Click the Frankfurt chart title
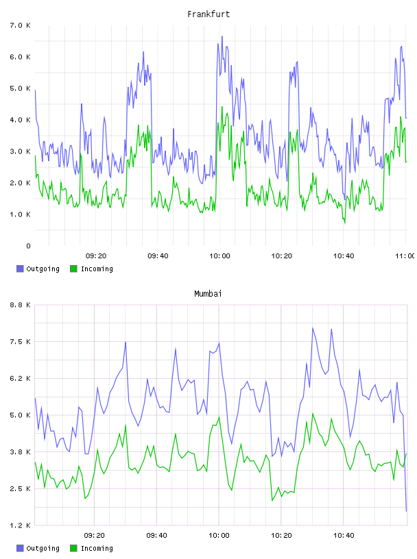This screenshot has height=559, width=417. point(208,14)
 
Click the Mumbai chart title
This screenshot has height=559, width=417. point(208,294)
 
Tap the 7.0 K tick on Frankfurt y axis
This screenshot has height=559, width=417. point(21,25)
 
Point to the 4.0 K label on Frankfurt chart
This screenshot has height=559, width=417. point(21,120)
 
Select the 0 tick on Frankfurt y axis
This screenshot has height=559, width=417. point(28,246)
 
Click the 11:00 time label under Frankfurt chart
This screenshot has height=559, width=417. point(405,256)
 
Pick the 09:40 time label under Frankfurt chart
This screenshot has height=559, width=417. point(158,256)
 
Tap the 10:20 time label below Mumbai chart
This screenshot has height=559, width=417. point(281,536)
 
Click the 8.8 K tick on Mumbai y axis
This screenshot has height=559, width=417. point(21,305)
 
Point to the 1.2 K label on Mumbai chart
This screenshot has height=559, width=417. point(21,525)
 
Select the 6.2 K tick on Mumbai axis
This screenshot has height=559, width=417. point(21,379)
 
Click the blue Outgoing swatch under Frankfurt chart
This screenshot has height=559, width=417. point(20,269)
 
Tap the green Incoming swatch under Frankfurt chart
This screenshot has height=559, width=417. point(73,269)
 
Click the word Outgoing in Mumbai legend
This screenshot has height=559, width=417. point(43,549)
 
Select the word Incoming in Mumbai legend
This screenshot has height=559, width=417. point(97,549)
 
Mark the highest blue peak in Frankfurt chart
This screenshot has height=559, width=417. point(222,36)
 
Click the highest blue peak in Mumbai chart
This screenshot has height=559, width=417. point(313,327)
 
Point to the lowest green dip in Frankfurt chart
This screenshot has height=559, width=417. point(345,223)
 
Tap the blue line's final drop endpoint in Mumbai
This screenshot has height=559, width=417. point(406,511)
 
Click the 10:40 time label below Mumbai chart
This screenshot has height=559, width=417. point(344,536)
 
